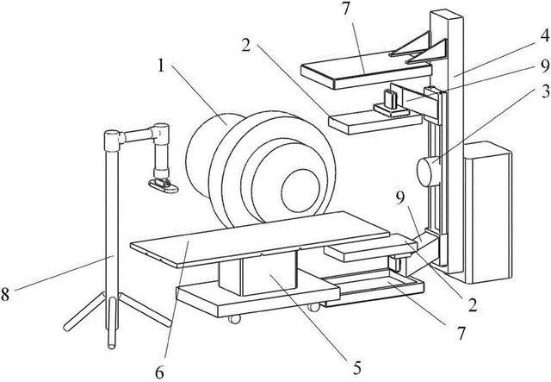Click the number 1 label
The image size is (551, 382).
[161, 66]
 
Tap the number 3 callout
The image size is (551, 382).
[544, 92]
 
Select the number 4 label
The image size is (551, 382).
[544, 35]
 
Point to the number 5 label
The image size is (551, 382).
[356, 368]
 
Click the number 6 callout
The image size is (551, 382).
[159, 372]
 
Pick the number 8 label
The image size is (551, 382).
[5, 294]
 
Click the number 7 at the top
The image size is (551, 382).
[346, 9]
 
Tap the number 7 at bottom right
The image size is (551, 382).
[461, 333]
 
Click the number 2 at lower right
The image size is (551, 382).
[473, 305]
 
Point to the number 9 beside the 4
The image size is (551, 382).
[545, 66]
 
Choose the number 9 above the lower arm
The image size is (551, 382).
[400, 199]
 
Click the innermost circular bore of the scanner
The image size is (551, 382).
[300, 191]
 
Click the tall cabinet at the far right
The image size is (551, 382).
[488, 212]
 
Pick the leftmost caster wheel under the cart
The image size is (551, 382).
[234, 319]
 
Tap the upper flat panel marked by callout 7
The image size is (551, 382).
[366, 71]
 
